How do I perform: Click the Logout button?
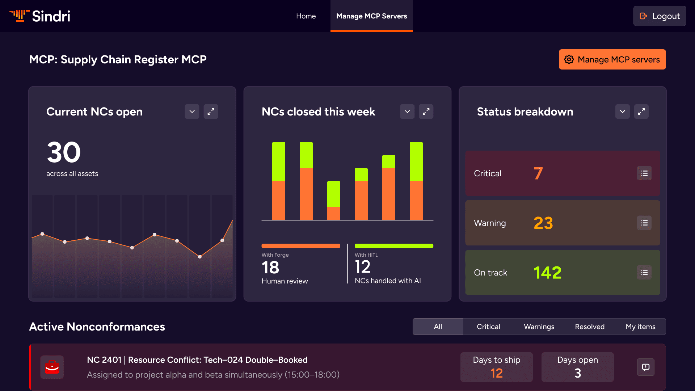point(660,16)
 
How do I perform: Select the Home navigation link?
point(306,16)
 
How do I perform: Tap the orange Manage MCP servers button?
point(612,59)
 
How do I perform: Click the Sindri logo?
point(39,16)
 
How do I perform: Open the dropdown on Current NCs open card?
point(192,112)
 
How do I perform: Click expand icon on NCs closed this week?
point(426,112)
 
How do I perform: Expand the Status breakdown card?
point(641,112)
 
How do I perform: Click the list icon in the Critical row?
point(644,173)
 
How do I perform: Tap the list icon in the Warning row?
point(644,223)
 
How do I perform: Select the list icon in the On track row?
point(644,273)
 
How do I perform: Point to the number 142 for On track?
point(547,273)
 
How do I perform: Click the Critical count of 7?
point(538,173)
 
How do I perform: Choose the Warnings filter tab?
point(539,327)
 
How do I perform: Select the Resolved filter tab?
point(590,327)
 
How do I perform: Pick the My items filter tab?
point(640,327)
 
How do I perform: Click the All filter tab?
point(438,327)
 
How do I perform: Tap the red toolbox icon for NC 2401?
point(52,367)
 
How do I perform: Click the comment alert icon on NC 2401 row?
point(645,367)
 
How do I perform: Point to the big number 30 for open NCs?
point(64,152)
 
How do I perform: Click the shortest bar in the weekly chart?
point(333,201)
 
